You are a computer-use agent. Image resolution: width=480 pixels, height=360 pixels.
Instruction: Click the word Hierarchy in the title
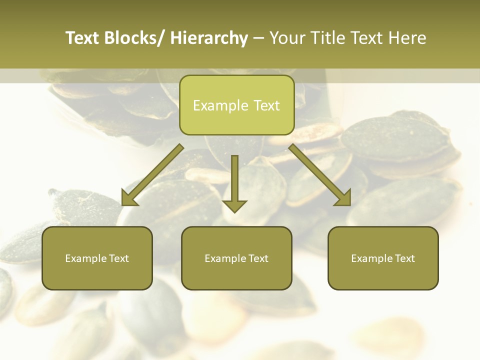tap(209, 38)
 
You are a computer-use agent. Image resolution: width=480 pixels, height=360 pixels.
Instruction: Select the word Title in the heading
tap(327, 38)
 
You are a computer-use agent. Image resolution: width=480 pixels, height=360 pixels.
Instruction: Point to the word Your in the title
tap(287, 38)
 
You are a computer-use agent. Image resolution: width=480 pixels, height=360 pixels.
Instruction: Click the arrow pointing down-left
tap(152, 175)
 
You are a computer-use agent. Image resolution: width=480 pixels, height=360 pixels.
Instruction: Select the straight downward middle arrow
tap(234, 180)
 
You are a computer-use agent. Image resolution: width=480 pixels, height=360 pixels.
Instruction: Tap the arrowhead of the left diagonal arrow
tap(129, 198)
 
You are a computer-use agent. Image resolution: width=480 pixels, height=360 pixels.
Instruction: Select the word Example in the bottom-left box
tap(85, 258)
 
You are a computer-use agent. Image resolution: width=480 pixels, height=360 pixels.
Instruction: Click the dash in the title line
tap(258, 38)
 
